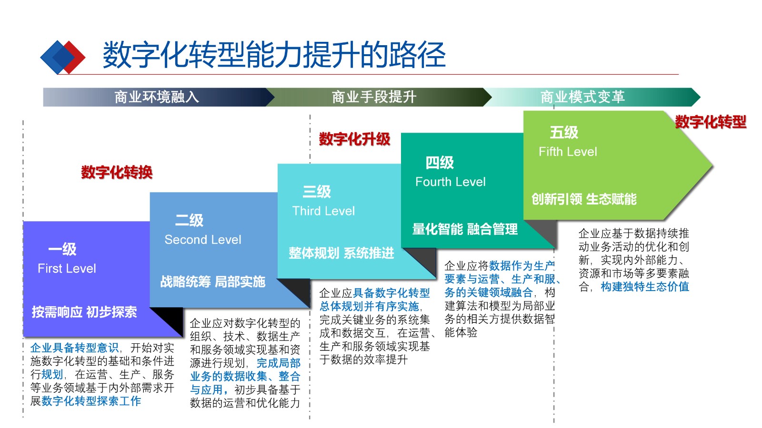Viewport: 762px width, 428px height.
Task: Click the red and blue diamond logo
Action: pos(62,57)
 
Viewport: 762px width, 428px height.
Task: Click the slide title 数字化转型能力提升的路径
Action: pos(274,55)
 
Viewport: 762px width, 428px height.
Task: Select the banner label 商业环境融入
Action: pos(157,97)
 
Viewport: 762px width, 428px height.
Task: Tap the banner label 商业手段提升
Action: pos(374,97)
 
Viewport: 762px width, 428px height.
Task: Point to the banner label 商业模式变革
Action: pos(582,97)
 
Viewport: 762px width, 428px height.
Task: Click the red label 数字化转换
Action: pos(117,172)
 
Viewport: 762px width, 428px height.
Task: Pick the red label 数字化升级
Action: pos(354,139)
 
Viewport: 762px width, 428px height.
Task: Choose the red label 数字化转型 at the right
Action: pos(710,122)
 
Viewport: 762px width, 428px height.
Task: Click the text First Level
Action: pos(67,269)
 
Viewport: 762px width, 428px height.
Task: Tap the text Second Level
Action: pos(203,240)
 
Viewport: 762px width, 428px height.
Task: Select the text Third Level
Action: pos(323,211)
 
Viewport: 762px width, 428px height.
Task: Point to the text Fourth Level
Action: pos(451,182)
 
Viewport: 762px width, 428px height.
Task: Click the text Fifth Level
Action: pos(568,152)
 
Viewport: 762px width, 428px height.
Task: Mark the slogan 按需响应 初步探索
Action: pos(84,312)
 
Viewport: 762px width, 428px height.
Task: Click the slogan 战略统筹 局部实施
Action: pos(212,282)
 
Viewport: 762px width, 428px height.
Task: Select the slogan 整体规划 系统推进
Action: pos(341,253)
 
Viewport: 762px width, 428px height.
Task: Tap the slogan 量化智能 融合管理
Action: pos(465,229)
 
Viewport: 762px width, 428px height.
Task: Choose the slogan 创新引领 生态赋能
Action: pos(584,199)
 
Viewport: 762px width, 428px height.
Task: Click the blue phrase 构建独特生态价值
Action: pos(645,287)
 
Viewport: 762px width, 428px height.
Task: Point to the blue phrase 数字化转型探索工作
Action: pos(91,401)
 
